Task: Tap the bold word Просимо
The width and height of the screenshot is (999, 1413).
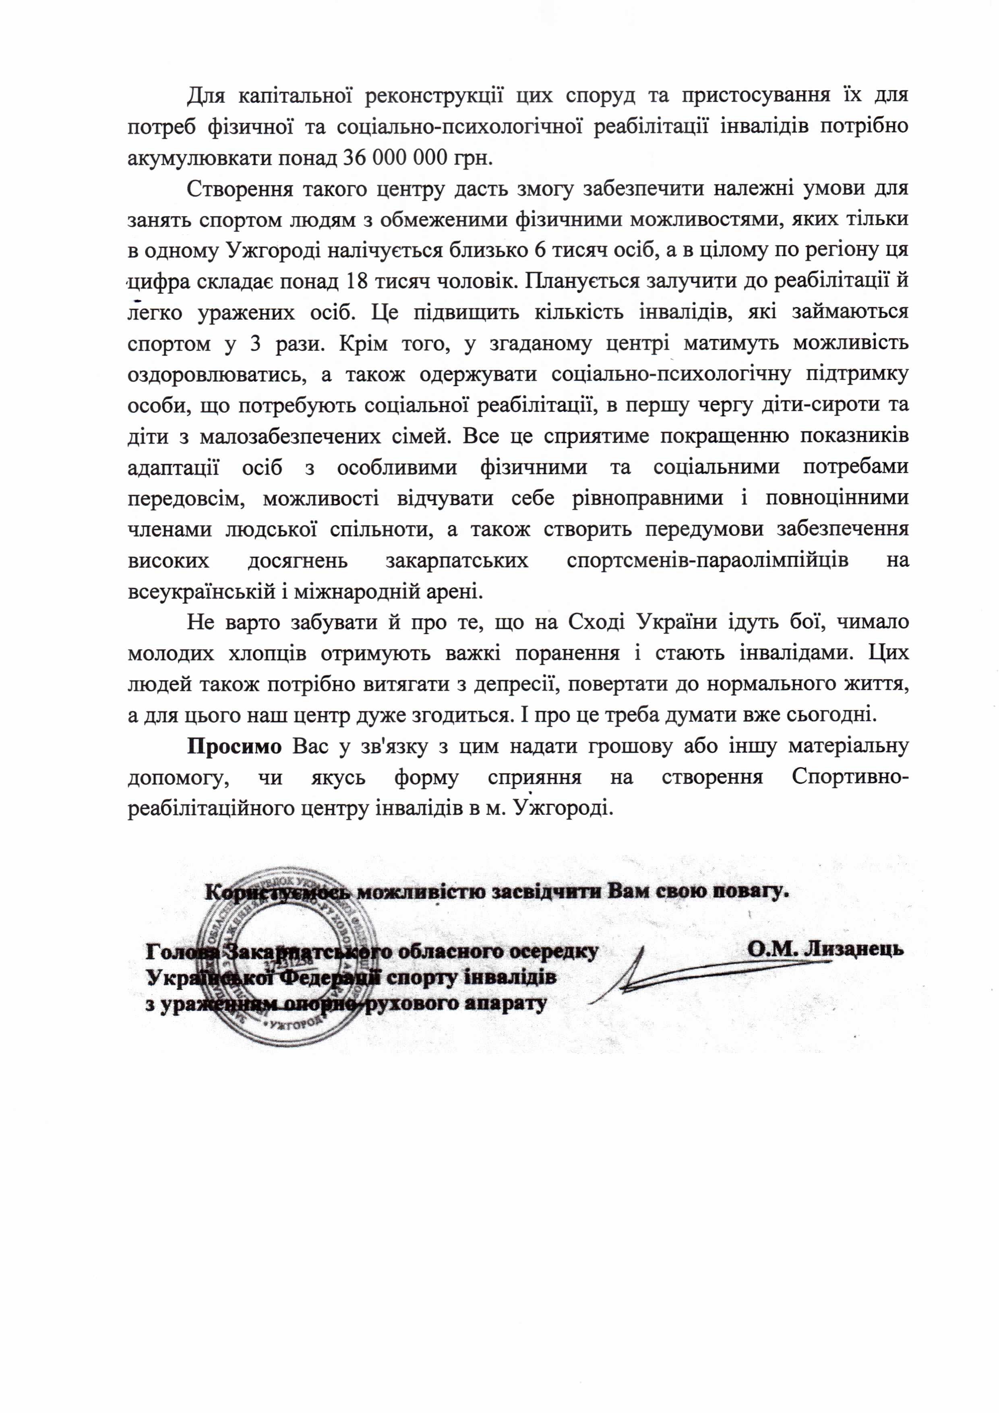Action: pos(234,746)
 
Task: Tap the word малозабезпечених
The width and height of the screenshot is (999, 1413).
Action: pos(289,436)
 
